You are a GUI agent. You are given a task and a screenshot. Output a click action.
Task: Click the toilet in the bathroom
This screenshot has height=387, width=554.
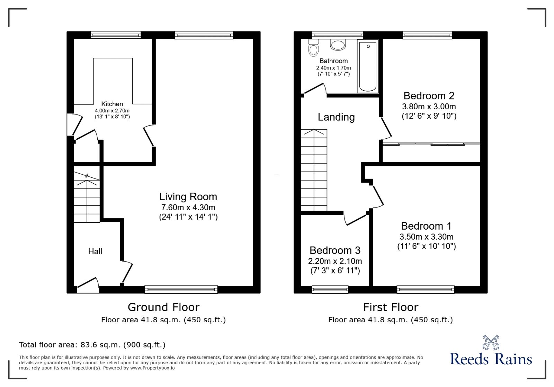click(313, 48)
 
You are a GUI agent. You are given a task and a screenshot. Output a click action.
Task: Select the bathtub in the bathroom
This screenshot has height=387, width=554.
click(367, 66)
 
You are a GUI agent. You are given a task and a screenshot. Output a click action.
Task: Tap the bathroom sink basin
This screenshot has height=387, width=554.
click(338, 45)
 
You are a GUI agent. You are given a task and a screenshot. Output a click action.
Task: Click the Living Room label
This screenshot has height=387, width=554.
click(188, 197)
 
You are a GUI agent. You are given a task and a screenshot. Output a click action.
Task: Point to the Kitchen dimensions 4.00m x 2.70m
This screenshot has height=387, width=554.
click(112, 111)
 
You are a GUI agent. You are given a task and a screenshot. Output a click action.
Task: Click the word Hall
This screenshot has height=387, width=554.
click(95, 251)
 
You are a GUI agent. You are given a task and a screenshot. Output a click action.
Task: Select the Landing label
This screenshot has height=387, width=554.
click(336, 117)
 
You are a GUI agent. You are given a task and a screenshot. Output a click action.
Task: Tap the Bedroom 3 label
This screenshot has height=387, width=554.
click(335, 250)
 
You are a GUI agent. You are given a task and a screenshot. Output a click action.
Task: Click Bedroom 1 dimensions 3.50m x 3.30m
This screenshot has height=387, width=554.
click(426, 237)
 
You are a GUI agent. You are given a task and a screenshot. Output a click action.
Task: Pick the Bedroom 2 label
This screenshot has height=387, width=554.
click(429, 96)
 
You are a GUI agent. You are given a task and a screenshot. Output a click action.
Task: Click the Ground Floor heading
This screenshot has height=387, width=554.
click(163, 307)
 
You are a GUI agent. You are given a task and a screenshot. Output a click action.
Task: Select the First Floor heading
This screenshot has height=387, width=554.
click(391, 307)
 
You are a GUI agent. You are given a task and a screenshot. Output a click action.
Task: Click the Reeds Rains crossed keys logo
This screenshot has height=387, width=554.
click(491, 342)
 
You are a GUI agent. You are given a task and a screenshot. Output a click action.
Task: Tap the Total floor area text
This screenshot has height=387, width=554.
click(92, 345)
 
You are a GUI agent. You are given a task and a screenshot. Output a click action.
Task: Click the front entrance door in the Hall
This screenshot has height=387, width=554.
click(88, 283)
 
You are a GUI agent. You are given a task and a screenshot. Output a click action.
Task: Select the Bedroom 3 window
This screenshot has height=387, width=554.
click(330, 289)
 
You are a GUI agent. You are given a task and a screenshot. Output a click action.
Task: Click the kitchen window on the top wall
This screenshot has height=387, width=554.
click(116, 35)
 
